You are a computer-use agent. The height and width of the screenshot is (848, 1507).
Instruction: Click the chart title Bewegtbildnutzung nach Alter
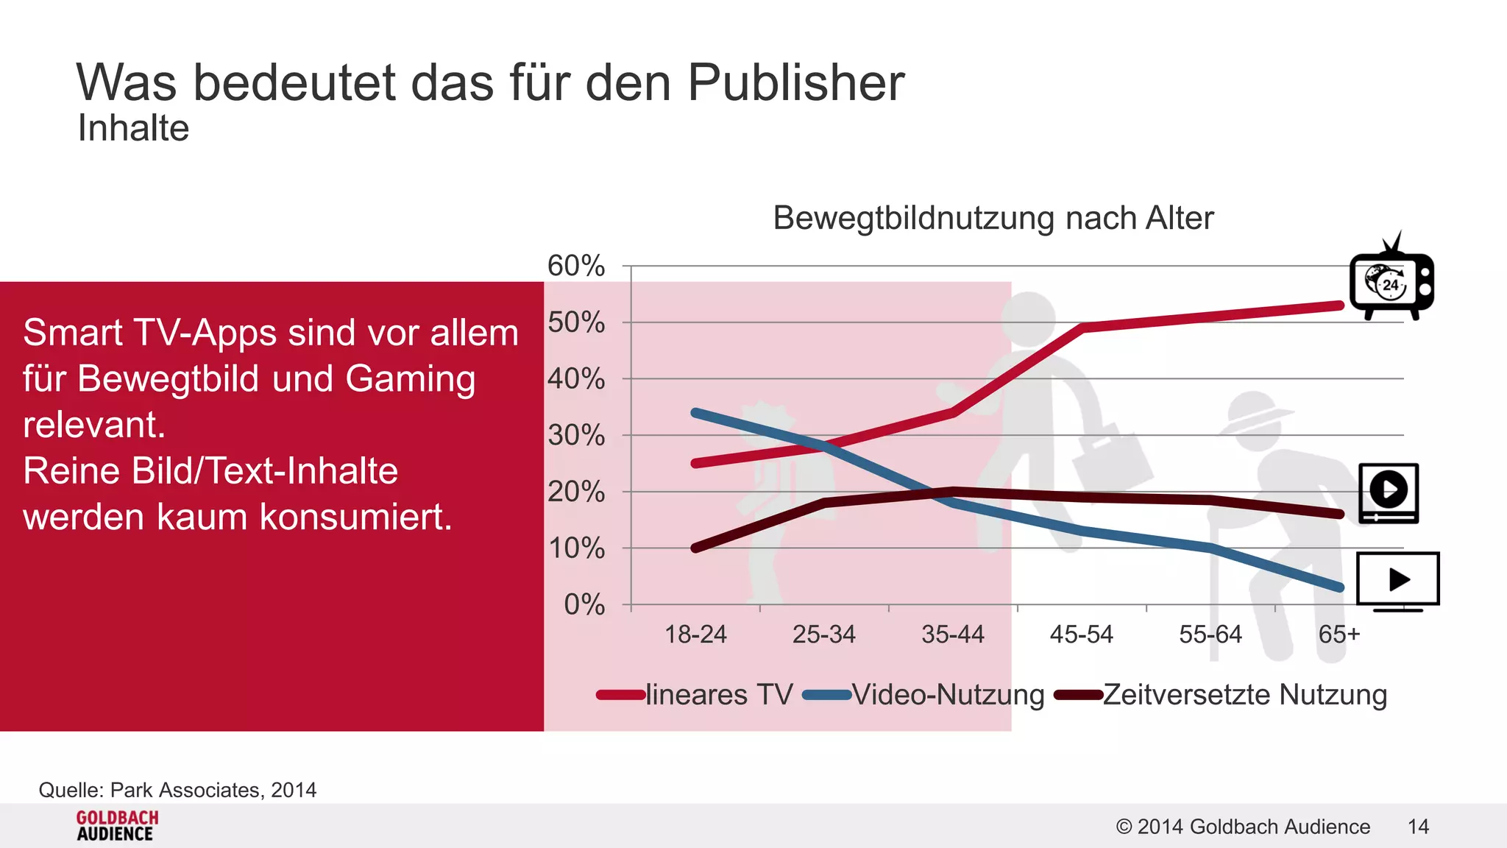[993, 218]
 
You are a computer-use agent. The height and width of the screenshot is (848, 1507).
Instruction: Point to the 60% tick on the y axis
[576, 266]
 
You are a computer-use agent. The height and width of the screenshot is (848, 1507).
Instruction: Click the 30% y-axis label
[576, 435]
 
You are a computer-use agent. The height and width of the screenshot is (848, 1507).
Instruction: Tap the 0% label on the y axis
[584, 604]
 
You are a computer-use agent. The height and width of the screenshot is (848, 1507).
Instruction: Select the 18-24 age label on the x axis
[695, 634]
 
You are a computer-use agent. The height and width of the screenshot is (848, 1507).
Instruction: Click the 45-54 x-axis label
[1081, 634]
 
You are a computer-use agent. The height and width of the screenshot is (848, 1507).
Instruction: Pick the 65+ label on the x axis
[1338, 634]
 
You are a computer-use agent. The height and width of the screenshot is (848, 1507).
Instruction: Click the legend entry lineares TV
[718, 694]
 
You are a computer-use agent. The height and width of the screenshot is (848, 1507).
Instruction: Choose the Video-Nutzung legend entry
[947, 694]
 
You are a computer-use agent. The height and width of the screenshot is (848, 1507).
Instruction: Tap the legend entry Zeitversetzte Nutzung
[1244, 694]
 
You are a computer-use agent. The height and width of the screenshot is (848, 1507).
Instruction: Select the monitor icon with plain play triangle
[1397, 581]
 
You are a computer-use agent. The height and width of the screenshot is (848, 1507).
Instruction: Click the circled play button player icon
[1388, 492]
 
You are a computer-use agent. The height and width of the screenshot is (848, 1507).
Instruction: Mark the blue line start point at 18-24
[696, 413]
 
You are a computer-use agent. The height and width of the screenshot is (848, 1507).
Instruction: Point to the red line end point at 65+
[1338, 305]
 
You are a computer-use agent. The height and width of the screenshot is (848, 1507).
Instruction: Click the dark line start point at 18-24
[696, 548]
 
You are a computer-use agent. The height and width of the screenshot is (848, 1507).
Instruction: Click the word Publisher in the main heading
[795, 82]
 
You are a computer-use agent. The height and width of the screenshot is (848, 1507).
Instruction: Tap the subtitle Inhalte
[133, 128]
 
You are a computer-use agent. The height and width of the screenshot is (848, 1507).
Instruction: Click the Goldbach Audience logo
[116, 826]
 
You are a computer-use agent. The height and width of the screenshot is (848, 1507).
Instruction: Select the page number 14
[1418, 827]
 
